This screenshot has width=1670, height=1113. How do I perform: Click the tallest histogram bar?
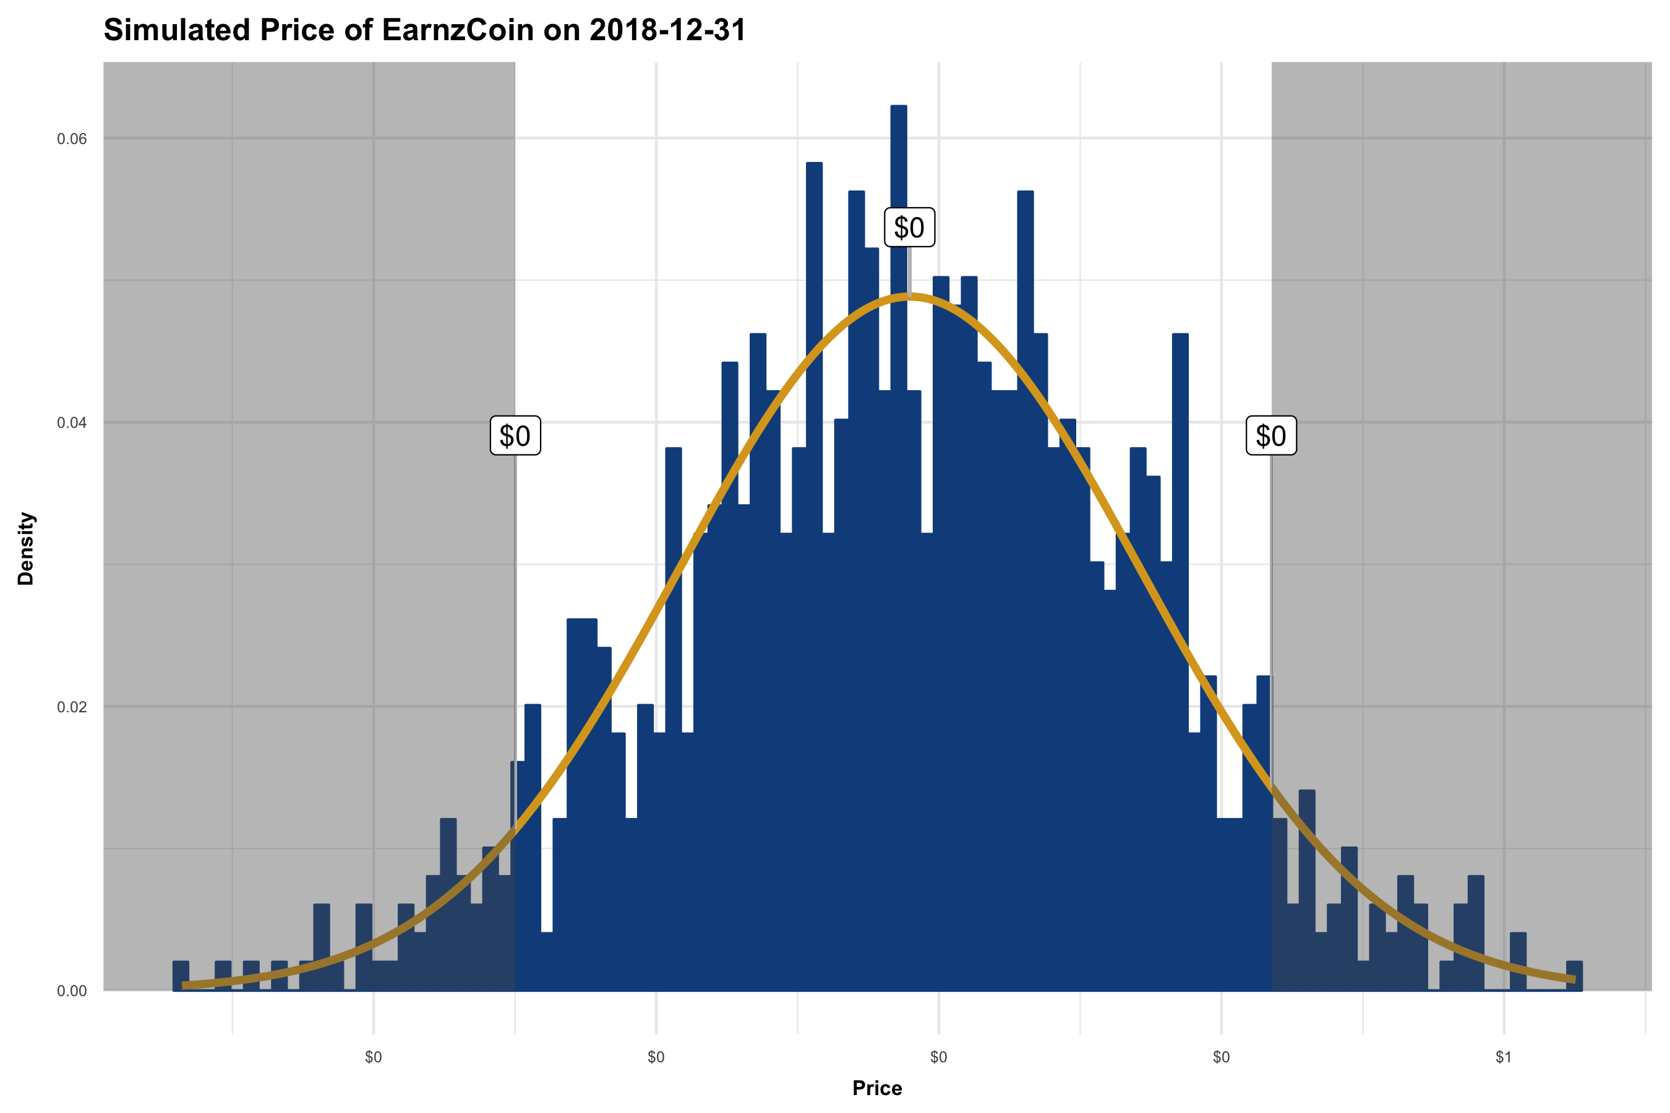pyautogui.click(x=898, y=547)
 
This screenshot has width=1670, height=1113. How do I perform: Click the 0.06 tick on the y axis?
pyautogui.click(x=72, y=139)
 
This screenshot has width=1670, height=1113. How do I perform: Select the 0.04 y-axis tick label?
pyautogui.click(x=72, y=423)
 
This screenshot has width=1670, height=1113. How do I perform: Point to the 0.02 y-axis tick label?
pyautogui.click(x=72, y=707)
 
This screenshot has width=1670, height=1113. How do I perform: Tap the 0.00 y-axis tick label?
pyautogui.click(x=72, y=991)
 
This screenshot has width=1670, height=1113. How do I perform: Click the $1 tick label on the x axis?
pyautogui.click(x=1503, y=1057)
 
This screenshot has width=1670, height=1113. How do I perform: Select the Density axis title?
pyautogui.click(x=26, y=548)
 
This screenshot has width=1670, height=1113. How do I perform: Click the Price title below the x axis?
pyautogui.click(x=877, y=1088)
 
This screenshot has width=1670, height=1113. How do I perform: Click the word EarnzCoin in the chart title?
pyautogui.click(x=457, y=30)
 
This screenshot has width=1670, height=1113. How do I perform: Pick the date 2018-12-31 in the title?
pyautogui.click(x=667, y=30)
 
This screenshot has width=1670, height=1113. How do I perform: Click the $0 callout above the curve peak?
pyautogui.click(x=909, y=228)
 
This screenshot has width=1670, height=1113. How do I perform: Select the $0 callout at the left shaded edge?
pyautogui.click(x=515, y=436)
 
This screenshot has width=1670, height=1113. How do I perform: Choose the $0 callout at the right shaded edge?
pyautogui.click(x=1271, y=436)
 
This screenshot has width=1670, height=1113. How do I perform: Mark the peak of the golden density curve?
pyautogui.click(x=909, y=297)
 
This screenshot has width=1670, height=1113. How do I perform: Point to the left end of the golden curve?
pyautogui.click(x=184, y=985)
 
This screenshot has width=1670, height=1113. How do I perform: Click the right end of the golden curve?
pyautogui.click(x=1574, y=979)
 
